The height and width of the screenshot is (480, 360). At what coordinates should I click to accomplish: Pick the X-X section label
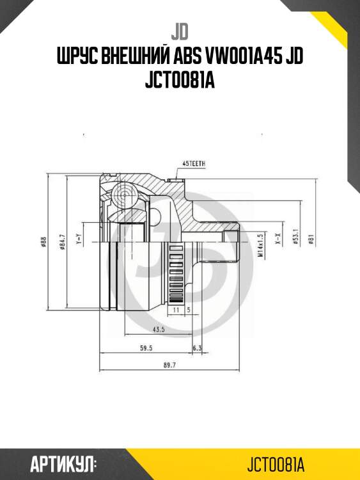pos(278,240)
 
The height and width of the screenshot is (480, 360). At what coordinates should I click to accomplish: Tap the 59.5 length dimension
pos(146,348)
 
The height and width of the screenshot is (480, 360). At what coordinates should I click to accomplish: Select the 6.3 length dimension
pos(197,348)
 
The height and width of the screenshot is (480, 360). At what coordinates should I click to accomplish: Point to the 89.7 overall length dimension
pos(169,365)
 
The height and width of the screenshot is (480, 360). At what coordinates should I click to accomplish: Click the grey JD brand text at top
pos(180,30)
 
